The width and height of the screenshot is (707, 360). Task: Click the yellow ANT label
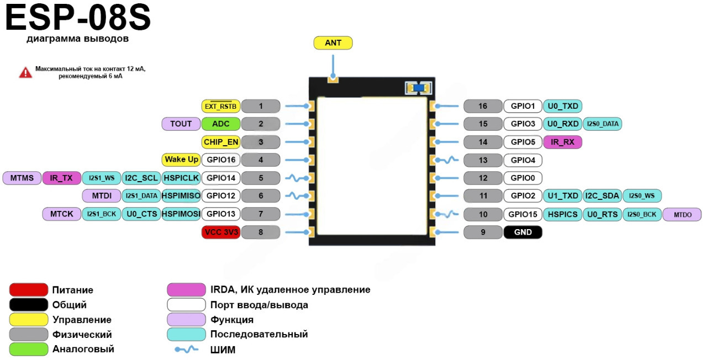tap(333, 43)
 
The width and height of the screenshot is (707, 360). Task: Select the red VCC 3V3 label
tap(221, 232)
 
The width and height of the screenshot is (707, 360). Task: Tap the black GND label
tap(523, 232)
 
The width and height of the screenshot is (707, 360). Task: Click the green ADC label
tap(221, 124)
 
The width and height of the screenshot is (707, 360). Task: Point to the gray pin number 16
tap(483, 106)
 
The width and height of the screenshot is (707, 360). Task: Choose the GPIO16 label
tap(221, 160)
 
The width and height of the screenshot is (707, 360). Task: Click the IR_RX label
tap(562, 142)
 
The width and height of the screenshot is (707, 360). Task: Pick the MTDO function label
tap(682, 215)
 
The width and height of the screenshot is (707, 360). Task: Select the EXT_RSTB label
tap(220, 106)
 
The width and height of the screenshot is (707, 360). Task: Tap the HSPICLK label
tap(181, 178)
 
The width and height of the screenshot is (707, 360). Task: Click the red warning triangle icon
tap(25, 72)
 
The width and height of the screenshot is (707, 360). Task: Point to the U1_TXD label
tap(562, 195)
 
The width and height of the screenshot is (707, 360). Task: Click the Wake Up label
tap(181, 160)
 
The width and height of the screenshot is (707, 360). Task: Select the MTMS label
tap(22, 178)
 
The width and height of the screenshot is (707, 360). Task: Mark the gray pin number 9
tap(483, 232)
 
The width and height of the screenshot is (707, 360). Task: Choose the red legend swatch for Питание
tap(29, 290)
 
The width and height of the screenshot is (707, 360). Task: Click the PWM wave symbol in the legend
tap(186, 350)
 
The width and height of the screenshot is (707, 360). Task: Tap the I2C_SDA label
tap(602, 195)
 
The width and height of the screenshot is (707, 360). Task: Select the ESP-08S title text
tap(78, 18)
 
